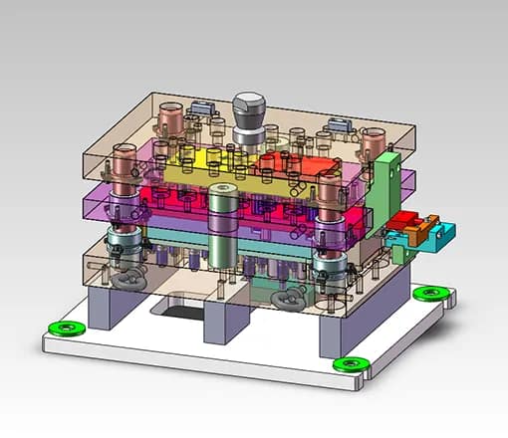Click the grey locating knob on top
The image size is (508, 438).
point(249,113)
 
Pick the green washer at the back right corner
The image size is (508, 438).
point(430,293)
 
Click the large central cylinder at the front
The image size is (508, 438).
point(221,224)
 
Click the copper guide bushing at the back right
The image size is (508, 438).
point(373,144)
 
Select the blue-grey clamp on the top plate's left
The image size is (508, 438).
point(203,107)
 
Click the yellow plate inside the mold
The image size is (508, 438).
point(199,165)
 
